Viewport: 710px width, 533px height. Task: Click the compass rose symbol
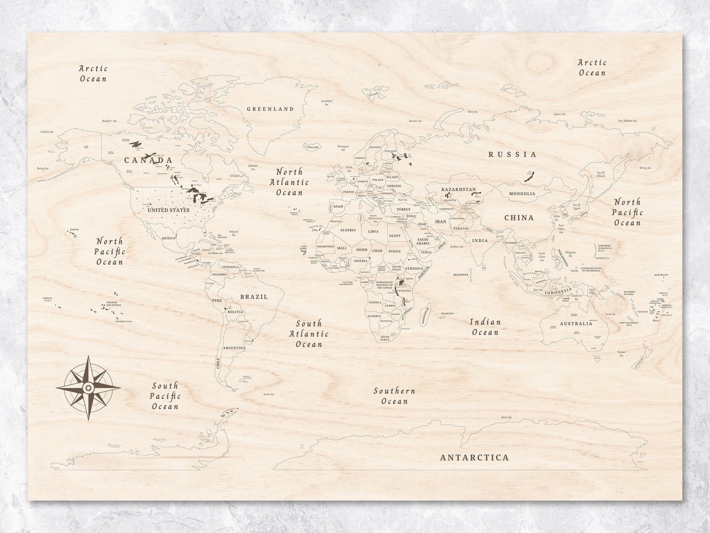click(89, 388)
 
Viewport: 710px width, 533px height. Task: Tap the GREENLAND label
click(270, 109)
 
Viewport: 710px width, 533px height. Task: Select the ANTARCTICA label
click(474, 457)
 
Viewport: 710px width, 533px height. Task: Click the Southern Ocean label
click(394, 396)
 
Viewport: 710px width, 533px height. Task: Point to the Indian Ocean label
click(485, 327)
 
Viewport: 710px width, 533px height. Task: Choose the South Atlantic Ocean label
click(309, 334)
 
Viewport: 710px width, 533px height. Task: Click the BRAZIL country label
click(254, 297)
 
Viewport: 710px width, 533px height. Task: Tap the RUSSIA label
click(512, 154)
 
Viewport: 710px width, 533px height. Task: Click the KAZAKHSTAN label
click(458, 189)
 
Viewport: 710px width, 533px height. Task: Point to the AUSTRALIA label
click(576, 324)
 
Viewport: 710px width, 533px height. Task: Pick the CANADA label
click(148, 160)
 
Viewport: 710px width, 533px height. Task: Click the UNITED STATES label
click(168, 210)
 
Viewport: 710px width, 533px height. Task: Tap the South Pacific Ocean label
click(165, 396)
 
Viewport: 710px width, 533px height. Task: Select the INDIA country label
click(480, 240)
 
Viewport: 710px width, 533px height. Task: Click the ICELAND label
click(313, 147)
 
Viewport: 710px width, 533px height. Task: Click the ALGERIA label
click(348, 230)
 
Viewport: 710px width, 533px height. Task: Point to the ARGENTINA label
click(234, 348)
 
